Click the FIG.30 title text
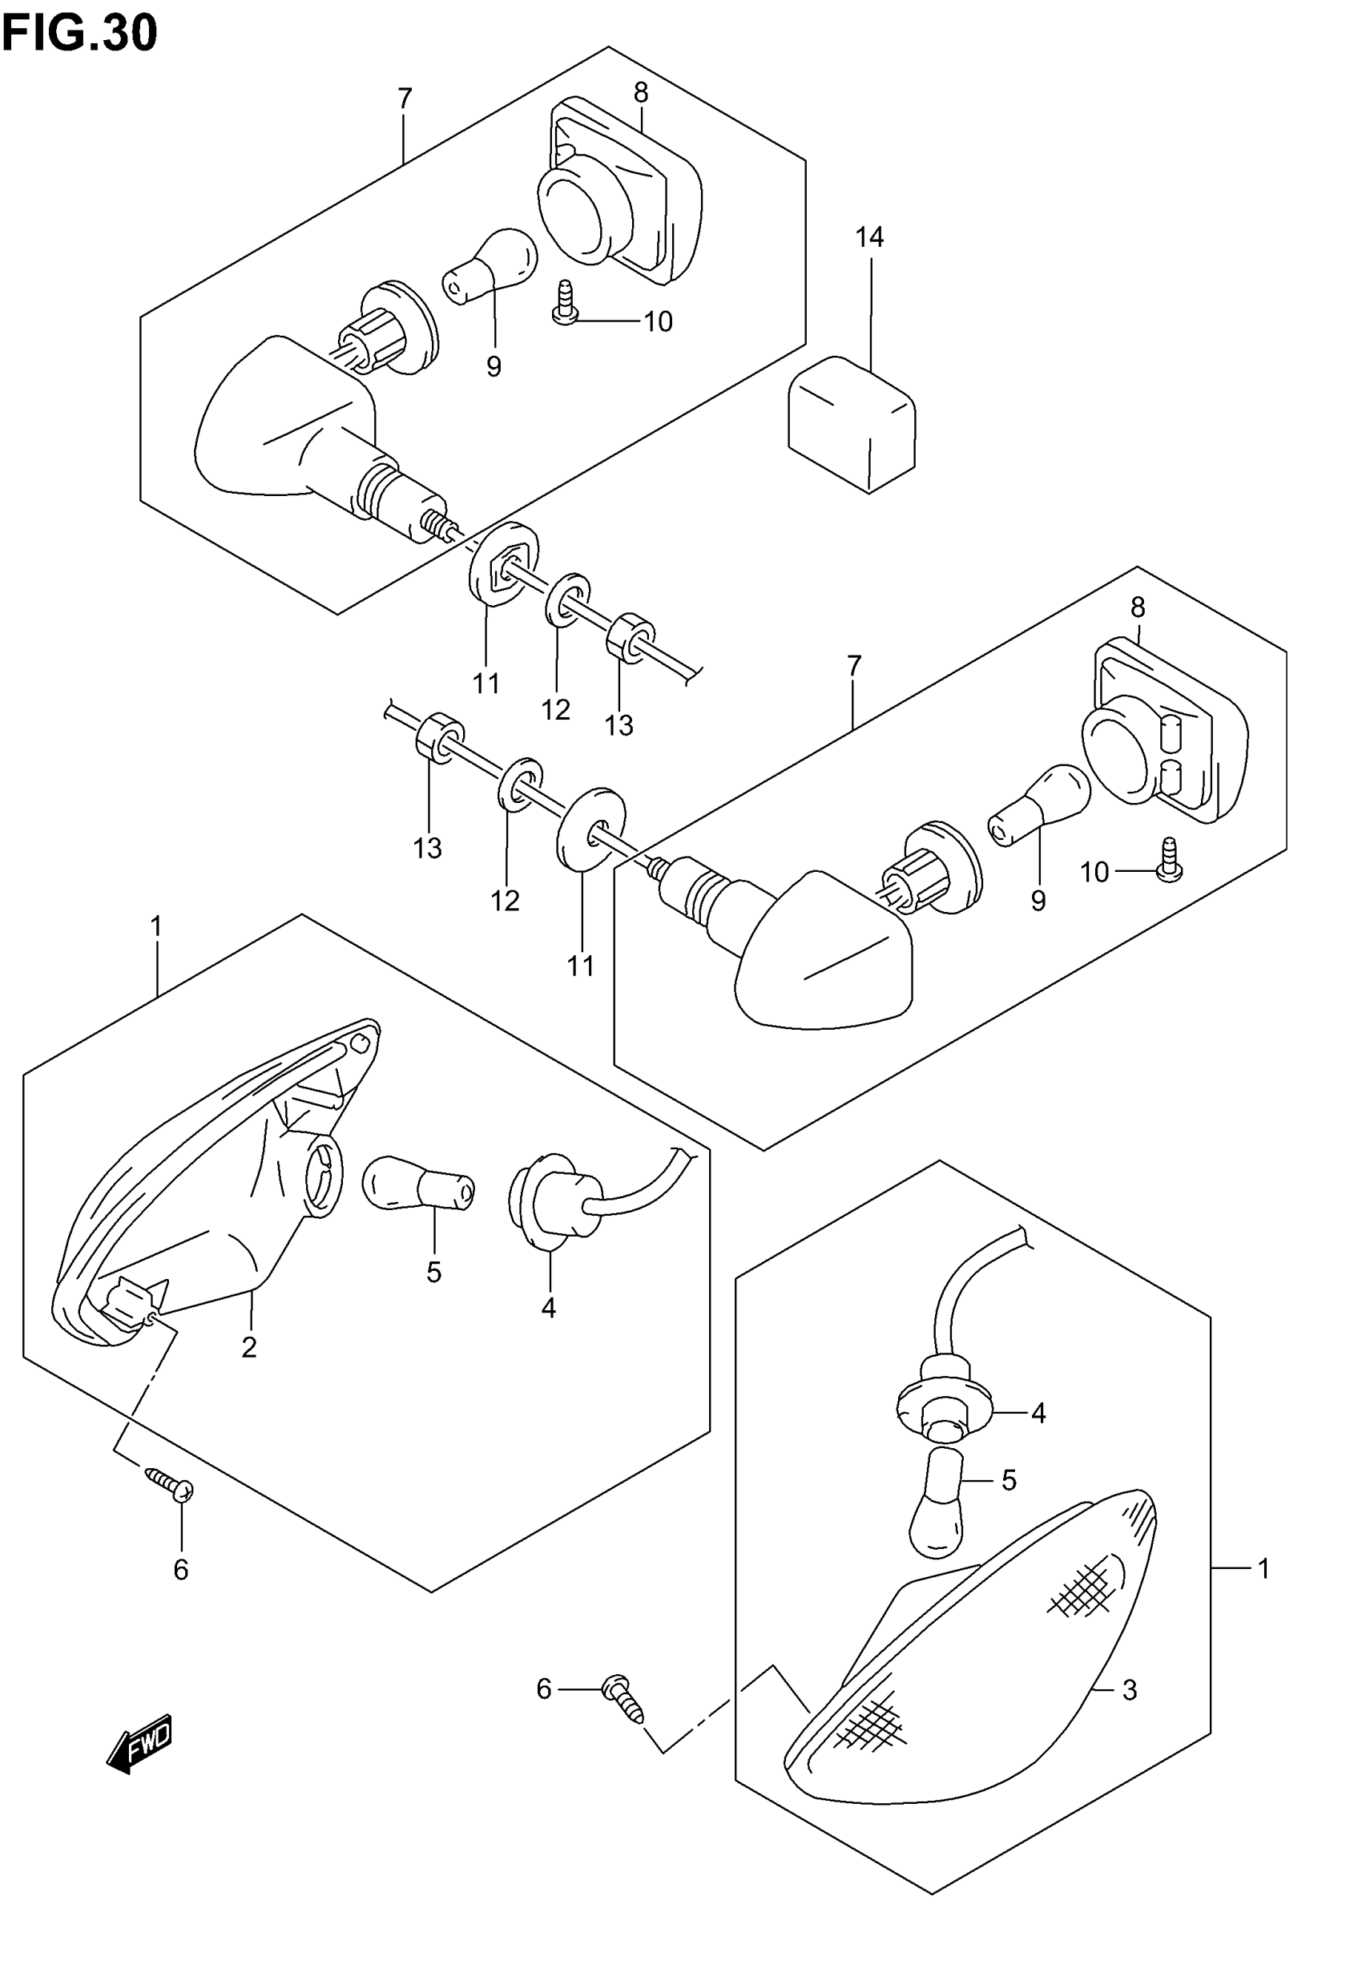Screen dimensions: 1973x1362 (79, 34)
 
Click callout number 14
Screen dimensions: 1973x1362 (869, 237)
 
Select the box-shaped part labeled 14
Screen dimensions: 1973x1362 (852, 423)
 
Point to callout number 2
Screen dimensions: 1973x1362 (248, 1347)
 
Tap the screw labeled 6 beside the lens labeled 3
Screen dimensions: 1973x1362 (624, 1697)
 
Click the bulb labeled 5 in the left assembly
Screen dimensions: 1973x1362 (418, 1185)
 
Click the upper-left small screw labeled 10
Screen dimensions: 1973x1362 (562, 305)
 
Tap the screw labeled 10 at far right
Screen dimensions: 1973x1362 (1169, 862)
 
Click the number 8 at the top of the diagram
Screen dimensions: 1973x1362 (641, 92)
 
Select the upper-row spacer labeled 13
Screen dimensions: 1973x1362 (631, 637)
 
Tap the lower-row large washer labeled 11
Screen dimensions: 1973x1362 (590, 828)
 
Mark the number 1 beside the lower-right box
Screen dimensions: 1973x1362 (1264, 1568)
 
